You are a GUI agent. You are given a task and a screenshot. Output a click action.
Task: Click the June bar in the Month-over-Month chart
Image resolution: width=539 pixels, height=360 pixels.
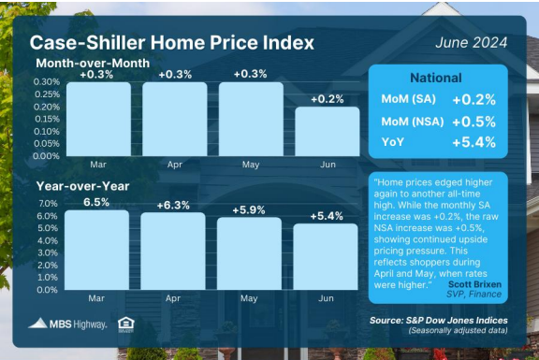point(328,132)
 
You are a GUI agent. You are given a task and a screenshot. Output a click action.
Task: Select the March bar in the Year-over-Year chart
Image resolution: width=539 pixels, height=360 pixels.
point(97,250)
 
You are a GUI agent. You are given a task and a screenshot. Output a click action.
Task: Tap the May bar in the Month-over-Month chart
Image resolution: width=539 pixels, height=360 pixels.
point(251,119)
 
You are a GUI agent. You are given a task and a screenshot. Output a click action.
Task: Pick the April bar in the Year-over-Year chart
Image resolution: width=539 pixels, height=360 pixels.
point(173,252)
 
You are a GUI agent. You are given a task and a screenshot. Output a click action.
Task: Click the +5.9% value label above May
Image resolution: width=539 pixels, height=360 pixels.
point(249,209)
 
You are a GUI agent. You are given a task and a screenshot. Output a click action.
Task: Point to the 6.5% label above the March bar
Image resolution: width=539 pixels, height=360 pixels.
point(96,202)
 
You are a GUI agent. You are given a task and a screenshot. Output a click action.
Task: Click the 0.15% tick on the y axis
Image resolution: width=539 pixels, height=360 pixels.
point(47,119)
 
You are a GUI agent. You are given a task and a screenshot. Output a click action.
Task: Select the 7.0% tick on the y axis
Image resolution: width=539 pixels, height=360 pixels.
point(48,203)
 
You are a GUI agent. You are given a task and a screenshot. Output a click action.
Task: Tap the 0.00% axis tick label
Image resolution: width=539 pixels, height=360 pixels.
point(47,156)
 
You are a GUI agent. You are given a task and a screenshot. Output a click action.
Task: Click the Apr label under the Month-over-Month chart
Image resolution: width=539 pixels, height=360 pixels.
point(175,165)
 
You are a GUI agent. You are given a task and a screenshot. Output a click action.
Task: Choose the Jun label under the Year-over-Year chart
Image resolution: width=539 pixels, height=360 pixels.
point(326,298)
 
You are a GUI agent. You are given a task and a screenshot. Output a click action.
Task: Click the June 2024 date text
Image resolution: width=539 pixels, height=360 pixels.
point(472,43)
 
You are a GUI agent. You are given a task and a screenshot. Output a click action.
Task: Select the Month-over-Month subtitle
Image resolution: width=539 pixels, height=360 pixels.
point(93,64)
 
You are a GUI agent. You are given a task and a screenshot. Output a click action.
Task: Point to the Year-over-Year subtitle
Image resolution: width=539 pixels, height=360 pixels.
point(83,186)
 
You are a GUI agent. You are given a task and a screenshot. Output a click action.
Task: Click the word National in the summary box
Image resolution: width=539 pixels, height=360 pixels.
point(436,78)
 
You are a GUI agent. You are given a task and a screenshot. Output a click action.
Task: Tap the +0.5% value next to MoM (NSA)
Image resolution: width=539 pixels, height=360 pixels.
point(474,122)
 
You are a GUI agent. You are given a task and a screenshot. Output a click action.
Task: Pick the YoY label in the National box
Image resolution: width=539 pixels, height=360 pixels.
point(393,142)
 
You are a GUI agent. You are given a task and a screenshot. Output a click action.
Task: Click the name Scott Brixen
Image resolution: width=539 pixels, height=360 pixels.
point(474,284)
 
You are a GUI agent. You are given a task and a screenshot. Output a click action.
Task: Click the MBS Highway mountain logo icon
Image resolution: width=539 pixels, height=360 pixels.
point(37,324)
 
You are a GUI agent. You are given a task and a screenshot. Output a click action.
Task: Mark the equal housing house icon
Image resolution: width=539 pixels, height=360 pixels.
point(125,324)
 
